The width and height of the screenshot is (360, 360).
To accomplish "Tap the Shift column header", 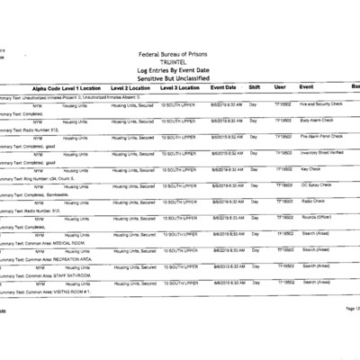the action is coord(255,88).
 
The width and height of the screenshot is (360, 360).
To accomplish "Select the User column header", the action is coord(280,88).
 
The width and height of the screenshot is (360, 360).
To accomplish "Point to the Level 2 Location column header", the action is coord(130,88).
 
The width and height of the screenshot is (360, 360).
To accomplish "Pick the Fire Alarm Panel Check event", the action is coord(320,137).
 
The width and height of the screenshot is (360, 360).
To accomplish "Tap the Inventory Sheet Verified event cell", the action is coord(321,153).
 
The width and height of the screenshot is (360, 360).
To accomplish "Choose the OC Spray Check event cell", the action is coord(316,185).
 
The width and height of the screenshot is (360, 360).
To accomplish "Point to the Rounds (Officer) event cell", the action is coord(317,218).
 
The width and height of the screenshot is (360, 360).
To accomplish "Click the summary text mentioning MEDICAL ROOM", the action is coord(45,242).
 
